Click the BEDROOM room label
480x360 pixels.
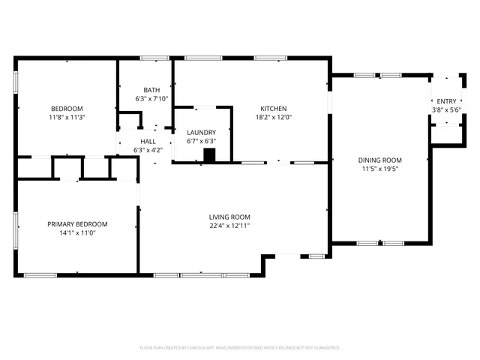[x=67, y=108]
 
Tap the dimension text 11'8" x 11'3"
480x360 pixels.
[x=67, y=117]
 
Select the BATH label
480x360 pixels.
[x=151, y=89]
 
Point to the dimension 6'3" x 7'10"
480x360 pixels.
[x=151, y=98]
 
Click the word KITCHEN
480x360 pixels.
[x=273, y=108]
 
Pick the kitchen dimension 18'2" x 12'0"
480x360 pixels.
[x=273, y=117]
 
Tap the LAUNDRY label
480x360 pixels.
[x=201, y=132]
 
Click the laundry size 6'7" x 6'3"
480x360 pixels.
[x=201, y=141]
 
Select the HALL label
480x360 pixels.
[x=148, y=141]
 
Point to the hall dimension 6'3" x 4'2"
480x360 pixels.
[x=148, y=150]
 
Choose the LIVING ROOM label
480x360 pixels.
[x=229, y=217]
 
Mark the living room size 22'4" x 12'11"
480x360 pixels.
[x=229, y=226]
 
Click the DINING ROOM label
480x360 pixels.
[x=382, y=160]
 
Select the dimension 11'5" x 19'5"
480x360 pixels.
[x=382, y=169]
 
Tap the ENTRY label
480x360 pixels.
[x=446, y=101]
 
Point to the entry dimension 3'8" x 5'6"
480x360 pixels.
[x=446, y=110]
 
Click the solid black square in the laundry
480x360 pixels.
[x=210, y=155]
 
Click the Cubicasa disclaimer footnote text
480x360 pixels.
[x=240, y=348]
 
